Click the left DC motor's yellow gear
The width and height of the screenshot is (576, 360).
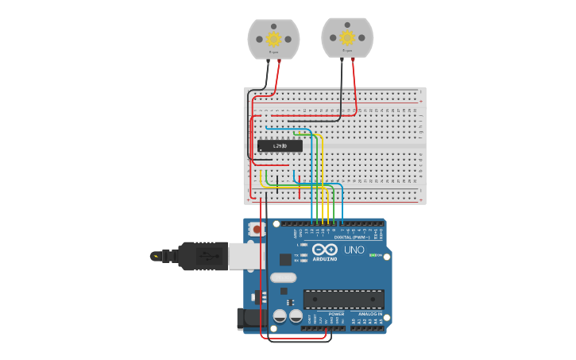point(273,39)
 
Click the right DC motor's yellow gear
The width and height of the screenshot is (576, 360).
point(347,37)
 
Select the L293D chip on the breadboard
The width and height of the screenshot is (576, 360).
point(280,145)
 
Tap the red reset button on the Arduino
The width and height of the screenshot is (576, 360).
point(257,230)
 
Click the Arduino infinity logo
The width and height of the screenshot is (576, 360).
point(325,249)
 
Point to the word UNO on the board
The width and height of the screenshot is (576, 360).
point(354,250)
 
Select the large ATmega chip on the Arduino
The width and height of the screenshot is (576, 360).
point(343,299)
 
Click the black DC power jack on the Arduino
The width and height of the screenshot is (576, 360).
point(249,319)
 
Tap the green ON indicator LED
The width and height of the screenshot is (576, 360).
point(373,255)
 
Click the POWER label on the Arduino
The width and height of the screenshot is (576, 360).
point(336,314)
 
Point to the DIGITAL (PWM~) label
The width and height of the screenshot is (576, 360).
point(348,237)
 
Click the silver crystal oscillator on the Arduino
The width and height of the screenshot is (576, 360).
point(283,277)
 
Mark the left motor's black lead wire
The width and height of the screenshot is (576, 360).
point(266,75)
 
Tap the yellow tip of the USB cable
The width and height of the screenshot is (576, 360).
point(153,256)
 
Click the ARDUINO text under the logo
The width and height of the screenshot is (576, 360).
point(325,259)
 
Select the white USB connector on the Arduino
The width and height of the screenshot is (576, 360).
point(242,255)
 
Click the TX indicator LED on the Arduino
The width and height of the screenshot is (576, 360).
point(304,255)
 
